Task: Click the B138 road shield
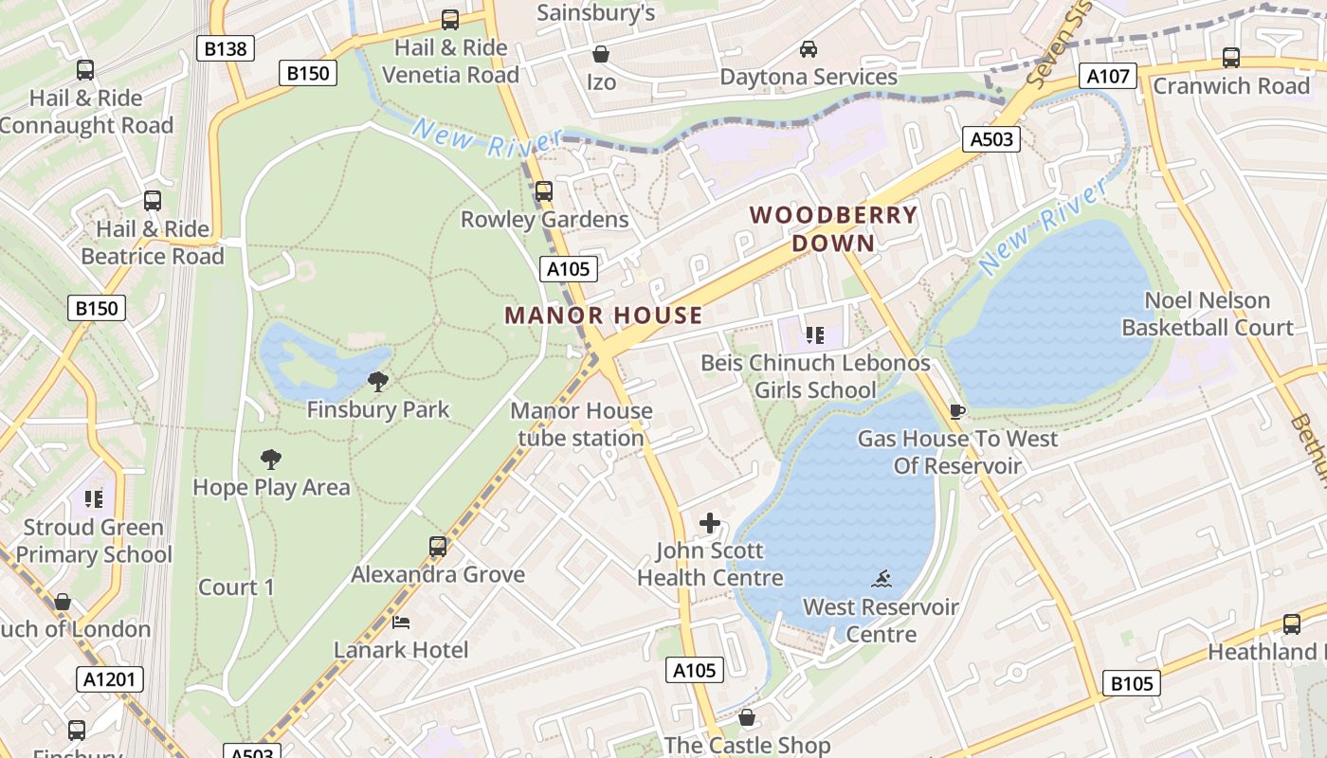(x=226, y=48)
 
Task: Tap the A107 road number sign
(x=1107, y=76)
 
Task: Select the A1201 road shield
(x=111, y=678)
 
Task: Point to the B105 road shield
(x=1132, y=683)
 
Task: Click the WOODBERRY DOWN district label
(x=834, y=228)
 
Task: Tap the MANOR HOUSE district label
(x=603, y=316)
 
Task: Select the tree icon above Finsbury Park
(x=378, y=382)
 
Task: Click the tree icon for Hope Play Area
(x=271, y=460)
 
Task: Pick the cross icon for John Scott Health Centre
(x=710, y=523)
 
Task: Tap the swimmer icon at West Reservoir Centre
(x=882, y=579)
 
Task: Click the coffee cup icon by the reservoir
(x=957, y=411)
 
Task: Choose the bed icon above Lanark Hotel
(x=401, y=623)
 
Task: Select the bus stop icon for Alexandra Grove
(x=437, y=547)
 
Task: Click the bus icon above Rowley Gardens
(x=544, y=191)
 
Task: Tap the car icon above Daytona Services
(x=809, y=48)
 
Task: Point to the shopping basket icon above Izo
(x=600, y=54)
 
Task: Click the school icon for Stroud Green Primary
(x=93, y=498)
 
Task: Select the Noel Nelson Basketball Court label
(x=1207, y=314)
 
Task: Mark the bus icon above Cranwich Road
(x=1230, y=58)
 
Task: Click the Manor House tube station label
(x=581, y=424)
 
